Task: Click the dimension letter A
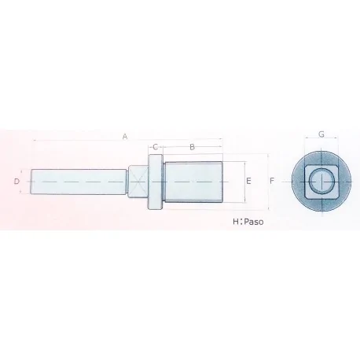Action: (124, 136)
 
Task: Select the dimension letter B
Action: (193, 147)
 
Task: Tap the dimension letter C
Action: (156, 147)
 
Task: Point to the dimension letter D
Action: (17, 182)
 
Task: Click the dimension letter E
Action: (248, 182)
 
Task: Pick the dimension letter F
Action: (271, 182)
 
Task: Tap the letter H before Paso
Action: (236, 222)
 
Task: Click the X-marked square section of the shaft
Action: (138, 182)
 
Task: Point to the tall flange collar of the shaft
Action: (155, 182)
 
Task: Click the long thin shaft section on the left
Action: (79, 182)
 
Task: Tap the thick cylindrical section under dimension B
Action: (193, 182)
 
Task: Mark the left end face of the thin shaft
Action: (32, 182)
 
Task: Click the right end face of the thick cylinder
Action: (223, 182)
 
